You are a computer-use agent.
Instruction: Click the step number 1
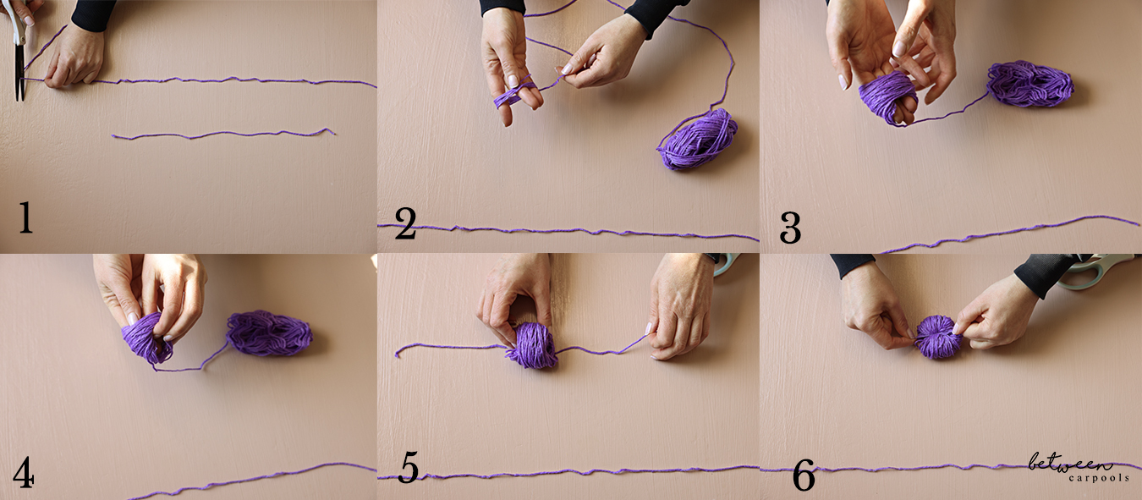(x=25, y=217)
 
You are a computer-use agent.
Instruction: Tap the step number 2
(x=405, y=223)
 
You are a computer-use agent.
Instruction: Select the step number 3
(x=790, y=228)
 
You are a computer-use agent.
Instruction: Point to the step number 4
(x=24, y=472)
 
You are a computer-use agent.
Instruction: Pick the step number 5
(x=409, y=467)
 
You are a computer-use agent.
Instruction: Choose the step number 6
(x=804, y=475)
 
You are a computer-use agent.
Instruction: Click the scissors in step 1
(x=19, y=50)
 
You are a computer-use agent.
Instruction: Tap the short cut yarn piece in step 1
(x=223, y=134)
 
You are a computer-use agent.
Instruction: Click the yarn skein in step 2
(x=697, y=139)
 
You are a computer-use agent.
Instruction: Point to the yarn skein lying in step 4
(x=269, y=333)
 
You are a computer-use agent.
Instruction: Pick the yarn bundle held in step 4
(x=146, y=338)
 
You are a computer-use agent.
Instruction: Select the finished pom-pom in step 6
(x=937, y=337)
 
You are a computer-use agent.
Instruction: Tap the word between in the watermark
(x=1069, y=462)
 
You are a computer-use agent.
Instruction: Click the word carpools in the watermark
(x=1099, y=478)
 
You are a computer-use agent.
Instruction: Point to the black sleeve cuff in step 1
(x=91, y=14)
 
